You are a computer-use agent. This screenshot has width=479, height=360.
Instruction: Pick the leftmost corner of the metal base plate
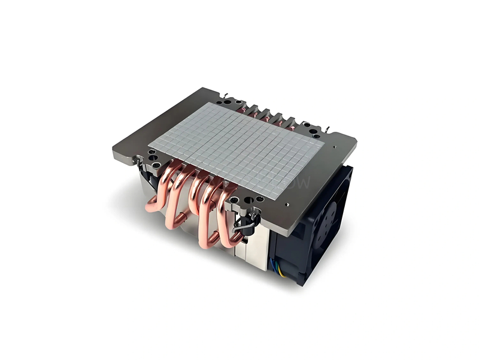[113, 149]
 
